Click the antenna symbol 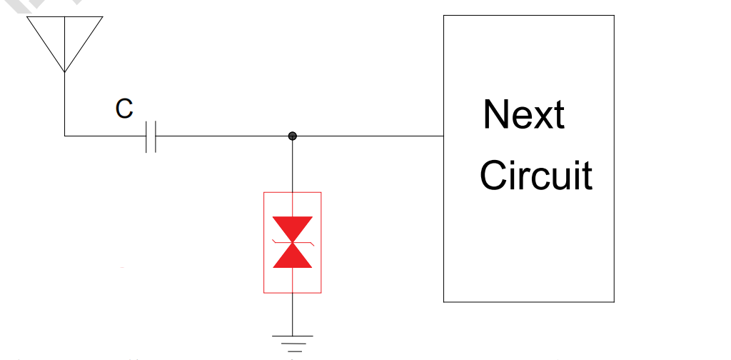click(x=65, y=39)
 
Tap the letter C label click(x=124, y=109)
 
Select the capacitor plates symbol click(x=150, y=136)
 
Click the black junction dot click(x=292, y=136)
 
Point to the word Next click(x=523, y=114)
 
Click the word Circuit click(x=535, y=175)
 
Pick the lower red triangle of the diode click(x=293, y=255)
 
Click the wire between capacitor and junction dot click(x=221, y=136)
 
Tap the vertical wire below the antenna click(x=64, y=104)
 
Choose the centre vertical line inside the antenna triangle click(x=65, y=43)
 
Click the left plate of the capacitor click(x=146, y=136)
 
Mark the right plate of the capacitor click(x=155, y=136)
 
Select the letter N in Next click(x=495, y=114)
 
